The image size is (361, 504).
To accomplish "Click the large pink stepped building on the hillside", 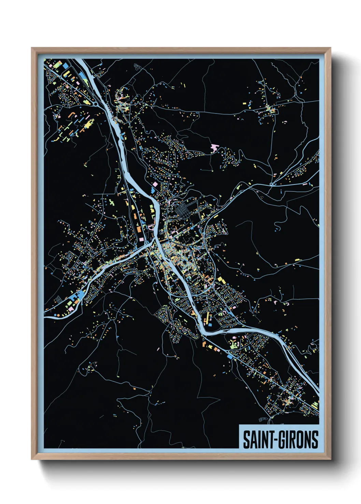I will coord(214,147).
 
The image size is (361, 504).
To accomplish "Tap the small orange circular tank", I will coord(58,315).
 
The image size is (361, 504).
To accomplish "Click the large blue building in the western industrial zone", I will coord(80,295).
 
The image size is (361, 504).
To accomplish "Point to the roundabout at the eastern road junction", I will coord(271,184).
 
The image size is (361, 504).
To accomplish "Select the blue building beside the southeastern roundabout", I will coord(230,356).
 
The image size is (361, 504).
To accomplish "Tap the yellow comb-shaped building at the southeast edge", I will coord(315,405).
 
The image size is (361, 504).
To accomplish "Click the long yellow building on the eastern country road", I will coord(298,260).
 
